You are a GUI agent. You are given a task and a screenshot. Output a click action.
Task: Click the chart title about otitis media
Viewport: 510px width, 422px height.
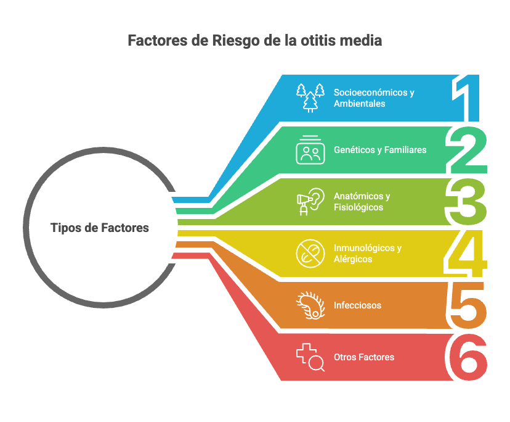255,41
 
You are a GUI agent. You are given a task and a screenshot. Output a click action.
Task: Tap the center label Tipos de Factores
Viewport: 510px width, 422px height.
100,228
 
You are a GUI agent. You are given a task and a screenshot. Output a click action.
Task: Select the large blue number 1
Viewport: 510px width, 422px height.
468,99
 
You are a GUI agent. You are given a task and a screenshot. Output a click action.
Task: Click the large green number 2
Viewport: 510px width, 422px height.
468,151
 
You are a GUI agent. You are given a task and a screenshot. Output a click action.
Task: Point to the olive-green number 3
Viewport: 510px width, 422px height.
468,202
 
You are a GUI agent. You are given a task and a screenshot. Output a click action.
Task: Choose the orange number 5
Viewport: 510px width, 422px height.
468,305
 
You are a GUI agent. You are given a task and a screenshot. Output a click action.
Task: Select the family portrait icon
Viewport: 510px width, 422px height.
310,150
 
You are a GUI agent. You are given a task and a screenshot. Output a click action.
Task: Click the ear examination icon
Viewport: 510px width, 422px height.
310,202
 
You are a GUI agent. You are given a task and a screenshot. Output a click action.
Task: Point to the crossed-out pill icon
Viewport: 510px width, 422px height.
310,254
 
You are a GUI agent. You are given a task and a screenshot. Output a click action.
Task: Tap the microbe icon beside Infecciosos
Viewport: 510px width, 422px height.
310,305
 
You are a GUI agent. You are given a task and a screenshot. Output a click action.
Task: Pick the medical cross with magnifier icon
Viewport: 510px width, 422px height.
310,357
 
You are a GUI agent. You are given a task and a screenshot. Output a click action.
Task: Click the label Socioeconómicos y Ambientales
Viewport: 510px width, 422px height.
374,98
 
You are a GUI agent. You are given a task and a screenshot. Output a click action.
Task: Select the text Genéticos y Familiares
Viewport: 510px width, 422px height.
380,150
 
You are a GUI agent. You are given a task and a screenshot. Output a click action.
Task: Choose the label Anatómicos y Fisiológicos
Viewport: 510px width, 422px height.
362,202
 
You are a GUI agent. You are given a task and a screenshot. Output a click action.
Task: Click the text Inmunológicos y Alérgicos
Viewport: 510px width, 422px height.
367,254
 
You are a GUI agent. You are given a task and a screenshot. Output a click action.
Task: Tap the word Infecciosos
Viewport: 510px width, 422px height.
357,305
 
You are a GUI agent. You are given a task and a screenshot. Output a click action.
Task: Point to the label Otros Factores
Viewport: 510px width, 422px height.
364,357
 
